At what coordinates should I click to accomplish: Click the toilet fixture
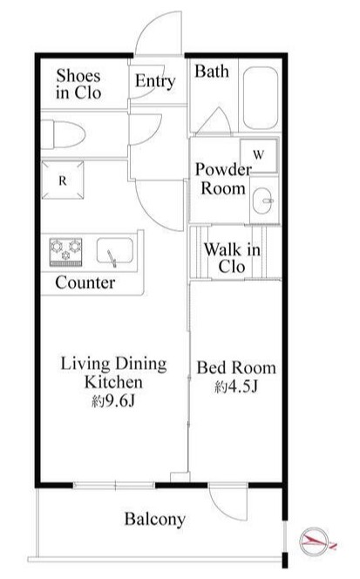click(x=62, y=134)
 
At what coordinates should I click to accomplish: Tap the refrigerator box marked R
click(x=63, y=181)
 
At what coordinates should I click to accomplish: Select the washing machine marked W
click(x=259, y=155)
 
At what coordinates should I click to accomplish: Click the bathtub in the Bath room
click(x=261, y=98)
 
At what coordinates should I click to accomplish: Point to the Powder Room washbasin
click(x=264, y=200)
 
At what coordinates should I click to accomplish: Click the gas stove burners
click(x=65, y=252)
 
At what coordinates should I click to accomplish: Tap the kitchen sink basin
click(x=115, y=250)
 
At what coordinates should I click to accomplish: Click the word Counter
click(x=85, y=283)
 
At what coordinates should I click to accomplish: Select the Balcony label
click(x=154, y=519)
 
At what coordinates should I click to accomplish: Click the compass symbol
click(x=314, y=542)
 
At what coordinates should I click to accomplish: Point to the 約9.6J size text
click(x=113, y=401)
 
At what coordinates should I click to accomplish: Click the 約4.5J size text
click(x=236, y=386)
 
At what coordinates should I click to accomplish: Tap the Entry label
click(x=154, y=81)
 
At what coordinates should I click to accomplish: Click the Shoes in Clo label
click(x=78, y=85)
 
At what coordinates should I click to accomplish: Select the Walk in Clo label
click(x=232, y=258)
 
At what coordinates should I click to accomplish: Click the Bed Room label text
click(x=236, y=368)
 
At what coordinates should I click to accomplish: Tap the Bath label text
click(x=212, y=72)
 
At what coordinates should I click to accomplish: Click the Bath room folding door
click(x=214, y=120)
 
